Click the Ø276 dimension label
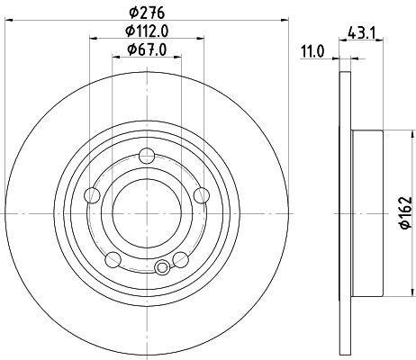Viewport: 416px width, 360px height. click(x=147, y=13)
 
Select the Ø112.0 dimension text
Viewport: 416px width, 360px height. click(x=147, y=31)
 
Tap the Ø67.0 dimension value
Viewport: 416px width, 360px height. click(x=147, y=49)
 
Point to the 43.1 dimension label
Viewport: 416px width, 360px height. click(x=361, y=32)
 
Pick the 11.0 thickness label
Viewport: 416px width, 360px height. click(x=312, y=51)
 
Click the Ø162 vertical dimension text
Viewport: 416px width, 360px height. click(x=406, y=212)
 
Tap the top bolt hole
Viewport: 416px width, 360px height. click(x=147, y=156)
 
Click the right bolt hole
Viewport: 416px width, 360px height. click(x=202, y=195)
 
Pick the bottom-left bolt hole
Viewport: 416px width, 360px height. click(x=113, y=260)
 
